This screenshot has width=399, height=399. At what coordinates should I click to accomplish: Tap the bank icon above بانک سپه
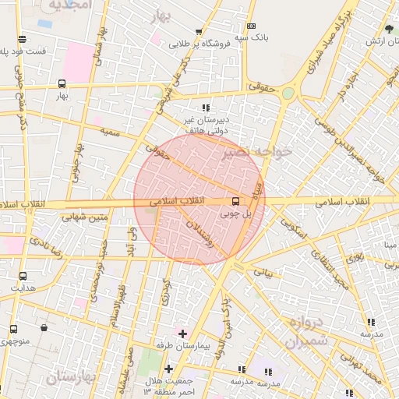pyautogui.click(x=250, y=26)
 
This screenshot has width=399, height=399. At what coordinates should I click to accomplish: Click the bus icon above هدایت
pyautogui.click(x=22, y=276)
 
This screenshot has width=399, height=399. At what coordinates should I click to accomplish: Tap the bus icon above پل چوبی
pyautogui.click(x=236, y=200)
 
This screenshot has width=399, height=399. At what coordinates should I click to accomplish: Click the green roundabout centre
pyautogui.click(x=288, y=94)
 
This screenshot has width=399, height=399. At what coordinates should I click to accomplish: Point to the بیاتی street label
pyautogui.click(x=265, y=274)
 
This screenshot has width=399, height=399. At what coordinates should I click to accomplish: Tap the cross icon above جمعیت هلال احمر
pyautogui.click(x=168, y=369)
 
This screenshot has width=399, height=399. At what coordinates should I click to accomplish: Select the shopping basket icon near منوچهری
pyautogui.click(x=44, y=327)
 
